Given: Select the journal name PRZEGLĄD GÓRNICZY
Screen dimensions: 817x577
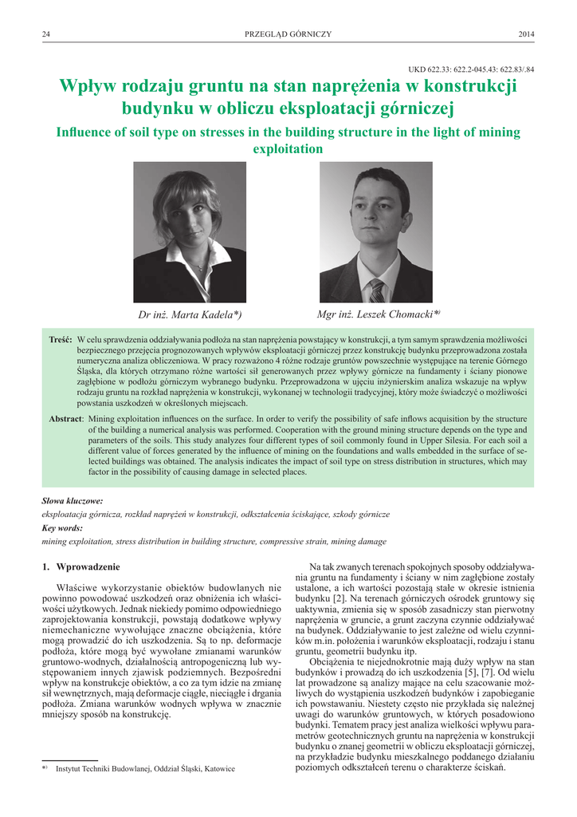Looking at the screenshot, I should tap(288, 34).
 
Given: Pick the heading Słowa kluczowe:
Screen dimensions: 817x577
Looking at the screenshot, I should tap(73, 501).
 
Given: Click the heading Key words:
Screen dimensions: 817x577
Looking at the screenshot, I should tap(61, 528).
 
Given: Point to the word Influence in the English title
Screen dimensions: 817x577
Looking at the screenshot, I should tap(85, 132).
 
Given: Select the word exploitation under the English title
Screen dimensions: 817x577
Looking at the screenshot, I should tap(288, 149).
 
